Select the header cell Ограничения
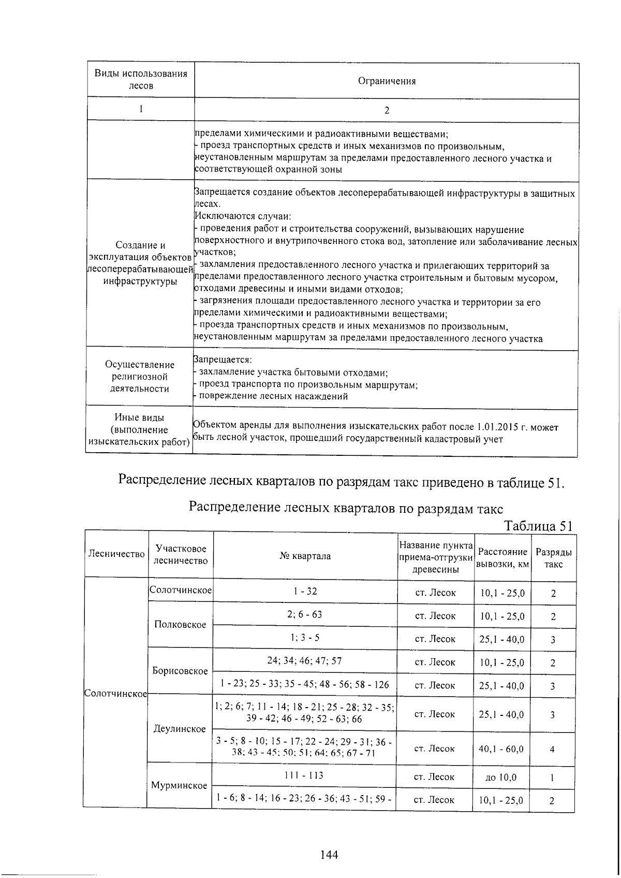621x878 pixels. click(x=387, y=81)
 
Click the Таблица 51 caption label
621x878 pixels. click(x=538, y=526)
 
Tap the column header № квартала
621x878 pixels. click(x=305, y=556)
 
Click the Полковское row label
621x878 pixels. click(x=180, y=624)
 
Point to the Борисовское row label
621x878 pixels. click(x=180, y=671)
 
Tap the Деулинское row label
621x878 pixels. click(x=180, y=729)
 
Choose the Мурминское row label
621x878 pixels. click(x=179, y=785)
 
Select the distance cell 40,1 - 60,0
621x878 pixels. click(x=501, y=749)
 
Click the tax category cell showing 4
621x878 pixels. click(x=552, y=749)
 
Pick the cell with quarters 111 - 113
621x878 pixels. click(x=304, y=776)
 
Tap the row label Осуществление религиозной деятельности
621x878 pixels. click(x=140, y=377)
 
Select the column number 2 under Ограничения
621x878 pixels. click(x=387, y=110)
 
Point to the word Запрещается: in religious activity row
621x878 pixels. click(x=223, y=359)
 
